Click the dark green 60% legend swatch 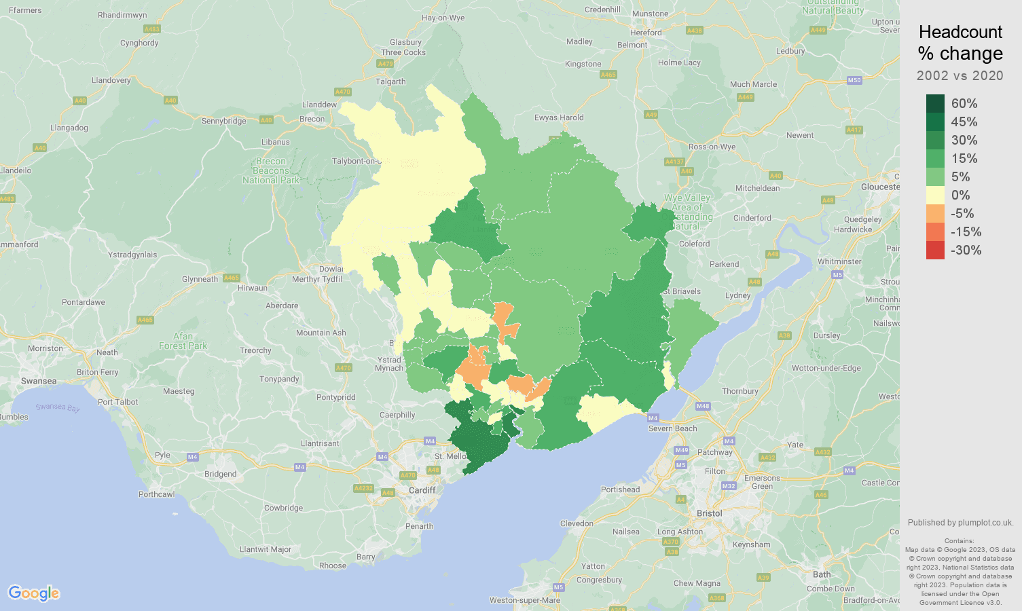935,103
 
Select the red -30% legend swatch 935,250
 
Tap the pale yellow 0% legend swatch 935,195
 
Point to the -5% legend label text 962,213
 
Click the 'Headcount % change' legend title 960,43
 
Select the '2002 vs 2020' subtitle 960,75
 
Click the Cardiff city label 422,490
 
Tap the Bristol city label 709,513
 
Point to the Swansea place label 39,381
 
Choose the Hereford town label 646,33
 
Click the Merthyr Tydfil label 316,279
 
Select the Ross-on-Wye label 712,147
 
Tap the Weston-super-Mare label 525,600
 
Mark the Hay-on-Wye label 443,18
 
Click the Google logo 34,593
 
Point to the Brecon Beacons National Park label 271,171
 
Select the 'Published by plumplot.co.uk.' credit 960,523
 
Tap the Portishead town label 620,489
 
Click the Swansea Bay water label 58,407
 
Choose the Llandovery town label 111,80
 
